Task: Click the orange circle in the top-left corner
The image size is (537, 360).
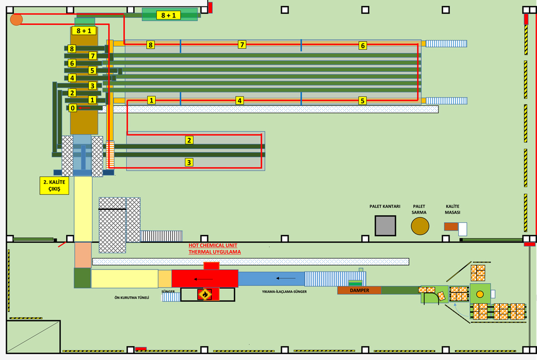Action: (x=16, y=19)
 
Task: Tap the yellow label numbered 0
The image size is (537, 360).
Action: (x=73, y=108)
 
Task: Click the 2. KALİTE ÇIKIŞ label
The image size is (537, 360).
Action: (x=54, y=186)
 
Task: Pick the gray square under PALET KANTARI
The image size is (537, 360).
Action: (x=385, y=226)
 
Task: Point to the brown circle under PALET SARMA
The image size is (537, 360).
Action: (x=420, y=226)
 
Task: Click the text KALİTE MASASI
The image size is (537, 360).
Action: (x=452, y=209)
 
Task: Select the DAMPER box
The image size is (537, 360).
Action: (x=359, y=290)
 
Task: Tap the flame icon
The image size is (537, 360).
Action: (x=204, y=294)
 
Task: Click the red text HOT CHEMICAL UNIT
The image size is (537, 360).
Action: (x=213, y=246)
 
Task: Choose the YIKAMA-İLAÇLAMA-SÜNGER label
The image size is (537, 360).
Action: (x=284, y=291)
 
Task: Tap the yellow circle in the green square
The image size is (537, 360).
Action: (x=480, y=294)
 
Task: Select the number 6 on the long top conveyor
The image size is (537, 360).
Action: (x=362, y=46)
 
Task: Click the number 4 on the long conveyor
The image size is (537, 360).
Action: (x=240, y=100)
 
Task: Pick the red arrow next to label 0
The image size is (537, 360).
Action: (x=86, y=107)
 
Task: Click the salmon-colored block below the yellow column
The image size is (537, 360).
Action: (x=83, y=255)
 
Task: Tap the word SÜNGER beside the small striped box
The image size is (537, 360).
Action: (x=168, y=292)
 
